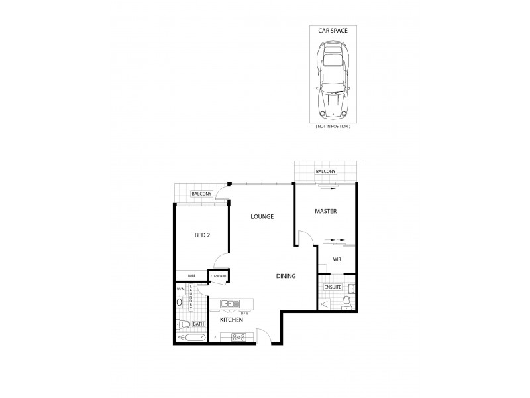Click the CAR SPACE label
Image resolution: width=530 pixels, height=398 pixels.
coord(334,30)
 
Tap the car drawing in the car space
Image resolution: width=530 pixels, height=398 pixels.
coord(334,77)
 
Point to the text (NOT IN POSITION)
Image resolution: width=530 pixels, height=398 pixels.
coord(334,126)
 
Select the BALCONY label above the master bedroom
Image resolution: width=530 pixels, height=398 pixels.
coord(326,172)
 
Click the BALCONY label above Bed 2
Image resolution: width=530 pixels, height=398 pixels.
coord(201,194)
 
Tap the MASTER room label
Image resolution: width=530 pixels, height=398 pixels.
coord(327,212)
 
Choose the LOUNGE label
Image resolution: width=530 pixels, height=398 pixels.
coord(262,217)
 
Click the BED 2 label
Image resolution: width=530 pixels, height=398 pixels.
coord(202,235)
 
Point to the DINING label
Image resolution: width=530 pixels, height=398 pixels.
coord(286,276)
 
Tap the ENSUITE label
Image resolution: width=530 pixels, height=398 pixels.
coord(332,287)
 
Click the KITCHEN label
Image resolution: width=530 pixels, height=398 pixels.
coord(232,320)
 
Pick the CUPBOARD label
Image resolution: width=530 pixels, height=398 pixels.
coord(219,276)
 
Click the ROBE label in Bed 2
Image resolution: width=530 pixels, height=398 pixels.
coord(191,275)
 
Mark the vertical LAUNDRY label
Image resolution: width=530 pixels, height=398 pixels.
coord(190,297)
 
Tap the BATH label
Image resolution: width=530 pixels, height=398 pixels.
coord(198,323)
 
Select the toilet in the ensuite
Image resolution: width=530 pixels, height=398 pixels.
coord(346,304)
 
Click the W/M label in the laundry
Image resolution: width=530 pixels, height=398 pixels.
coord(180,289)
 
